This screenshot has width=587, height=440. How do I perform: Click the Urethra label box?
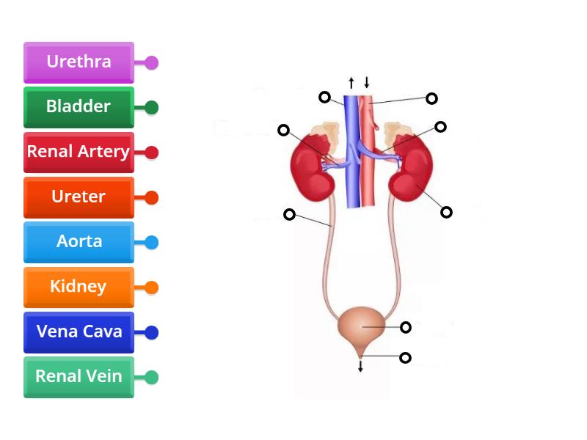[79, 62]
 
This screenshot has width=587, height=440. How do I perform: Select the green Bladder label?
[79, 107]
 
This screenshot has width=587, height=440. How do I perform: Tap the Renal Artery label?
[79, 153]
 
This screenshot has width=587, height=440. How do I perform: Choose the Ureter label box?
[79, 197]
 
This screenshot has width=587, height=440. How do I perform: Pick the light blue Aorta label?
[79, 242]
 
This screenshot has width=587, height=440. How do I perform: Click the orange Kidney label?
[79, 287]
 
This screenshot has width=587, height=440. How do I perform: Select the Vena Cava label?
[79, 332]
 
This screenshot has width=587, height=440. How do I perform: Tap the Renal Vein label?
[79, 377]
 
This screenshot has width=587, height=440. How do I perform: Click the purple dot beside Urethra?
[152, 62]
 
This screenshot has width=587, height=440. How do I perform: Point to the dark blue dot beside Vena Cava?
[152, 332]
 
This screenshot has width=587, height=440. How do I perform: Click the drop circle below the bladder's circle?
[405, 358]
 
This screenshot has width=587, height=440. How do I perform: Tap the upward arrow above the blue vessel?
[351, 82]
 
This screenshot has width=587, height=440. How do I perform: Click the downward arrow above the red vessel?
[366, 82]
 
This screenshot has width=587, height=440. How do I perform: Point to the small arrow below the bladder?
[360, 366]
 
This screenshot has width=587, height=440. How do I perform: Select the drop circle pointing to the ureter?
[290, 214]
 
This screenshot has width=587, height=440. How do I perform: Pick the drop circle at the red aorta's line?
[432, 98]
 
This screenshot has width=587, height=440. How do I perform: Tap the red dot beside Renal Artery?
[152, 153]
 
